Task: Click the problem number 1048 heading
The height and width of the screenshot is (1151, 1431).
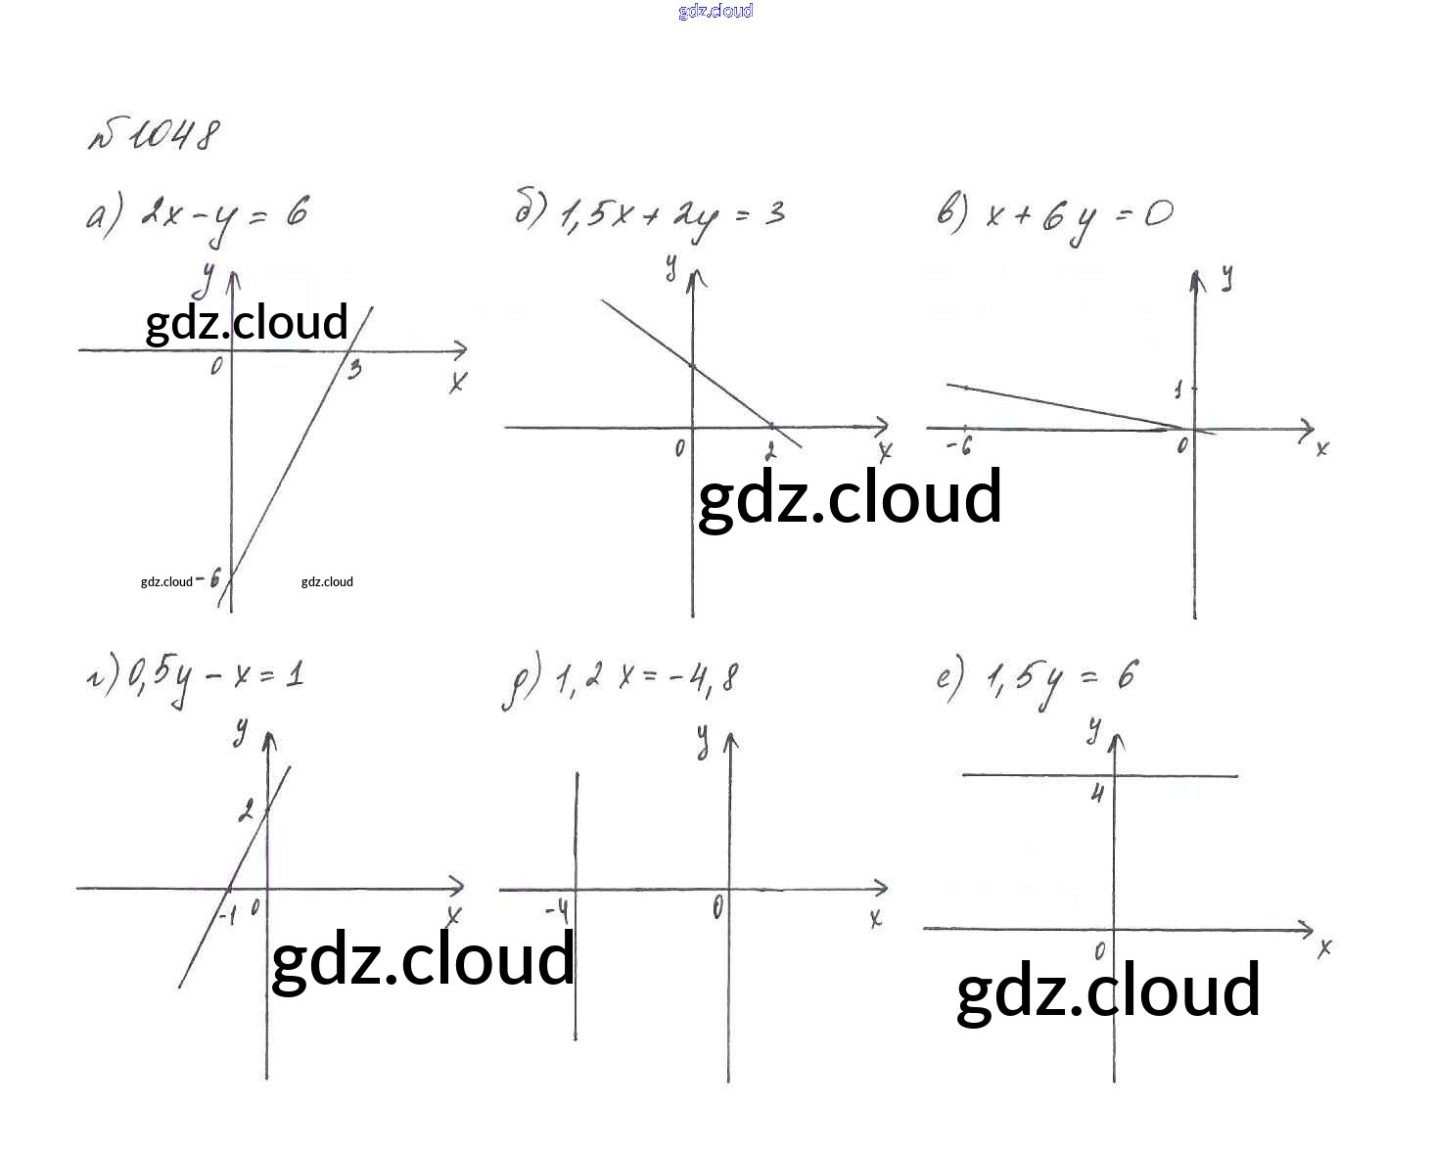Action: [155, 136]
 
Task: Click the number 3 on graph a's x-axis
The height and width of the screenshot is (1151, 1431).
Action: [354, 369]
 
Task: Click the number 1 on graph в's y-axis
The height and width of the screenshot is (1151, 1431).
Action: [1178, 391]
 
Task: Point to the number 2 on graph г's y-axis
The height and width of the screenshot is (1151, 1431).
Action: [246, 810]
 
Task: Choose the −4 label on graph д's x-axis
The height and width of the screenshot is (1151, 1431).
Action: [557, 912]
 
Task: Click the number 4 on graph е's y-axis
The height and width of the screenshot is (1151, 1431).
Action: [1097, 792]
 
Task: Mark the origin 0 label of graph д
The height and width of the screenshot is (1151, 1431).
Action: [718, 907]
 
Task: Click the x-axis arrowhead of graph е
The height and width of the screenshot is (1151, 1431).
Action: [1307, 927]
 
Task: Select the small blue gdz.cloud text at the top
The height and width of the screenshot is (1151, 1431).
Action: [715, 11]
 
